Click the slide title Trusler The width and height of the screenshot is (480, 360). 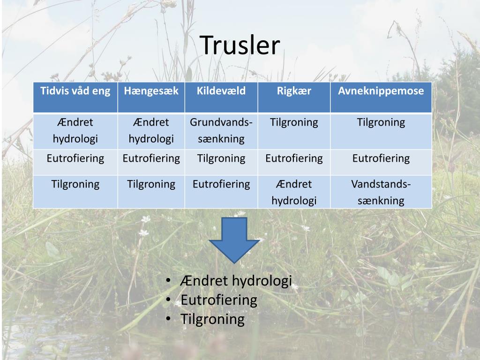point(240,45)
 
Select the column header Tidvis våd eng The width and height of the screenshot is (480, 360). point(75,91)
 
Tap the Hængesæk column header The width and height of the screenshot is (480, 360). point(151,91)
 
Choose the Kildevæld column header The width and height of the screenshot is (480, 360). point(221,91)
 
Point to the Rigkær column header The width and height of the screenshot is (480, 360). point(294,91)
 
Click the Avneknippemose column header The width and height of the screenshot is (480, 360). point(381,91)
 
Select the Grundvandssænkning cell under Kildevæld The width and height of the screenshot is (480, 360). point(221,131)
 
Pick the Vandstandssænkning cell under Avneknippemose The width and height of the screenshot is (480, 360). point(381,192)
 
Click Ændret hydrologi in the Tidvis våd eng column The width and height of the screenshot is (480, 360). point(75,131)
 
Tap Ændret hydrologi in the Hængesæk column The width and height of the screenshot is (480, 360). point(151,131)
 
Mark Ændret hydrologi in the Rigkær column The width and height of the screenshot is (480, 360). point(294,192)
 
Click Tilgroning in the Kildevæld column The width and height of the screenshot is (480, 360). point(221,158)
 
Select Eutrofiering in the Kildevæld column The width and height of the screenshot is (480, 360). point(221,184)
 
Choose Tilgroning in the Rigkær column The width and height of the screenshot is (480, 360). point(294,123)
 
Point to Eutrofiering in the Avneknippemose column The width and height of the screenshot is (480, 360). point(381,158)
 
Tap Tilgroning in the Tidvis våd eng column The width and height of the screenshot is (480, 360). point(75,184)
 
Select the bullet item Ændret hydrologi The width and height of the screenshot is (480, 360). point(236,281)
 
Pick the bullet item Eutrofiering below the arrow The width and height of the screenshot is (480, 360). point(219,300)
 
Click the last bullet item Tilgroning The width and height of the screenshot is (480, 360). point(212,320)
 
